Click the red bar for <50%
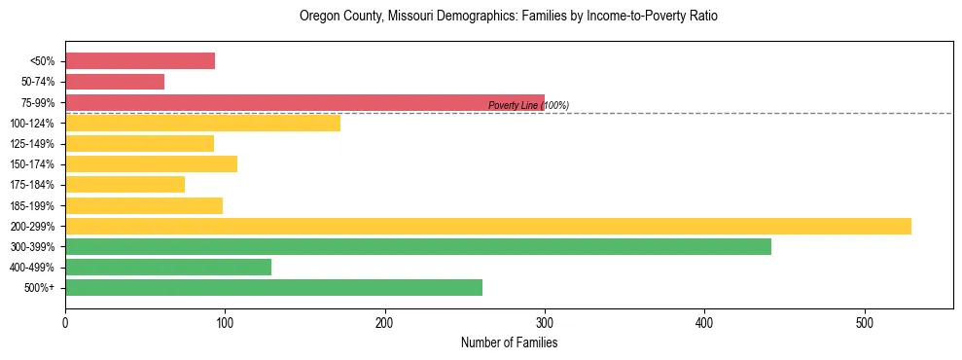point(140,60)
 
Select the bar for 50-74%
point(115,82)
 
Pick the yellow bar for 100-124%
point(202,123)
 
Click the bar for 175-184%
point(125,184)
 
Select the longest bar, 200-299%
point(487,226)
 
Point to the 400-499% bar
point(168,267)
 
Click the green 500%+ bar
point(273,287)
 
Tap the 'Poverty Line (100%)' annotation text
point(528,105)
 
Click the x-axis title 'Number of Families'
point(509,343)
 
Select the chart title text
point(509,17)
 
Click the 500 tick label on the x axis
point(865,323)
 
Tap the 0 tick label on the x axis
point(65,323)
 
